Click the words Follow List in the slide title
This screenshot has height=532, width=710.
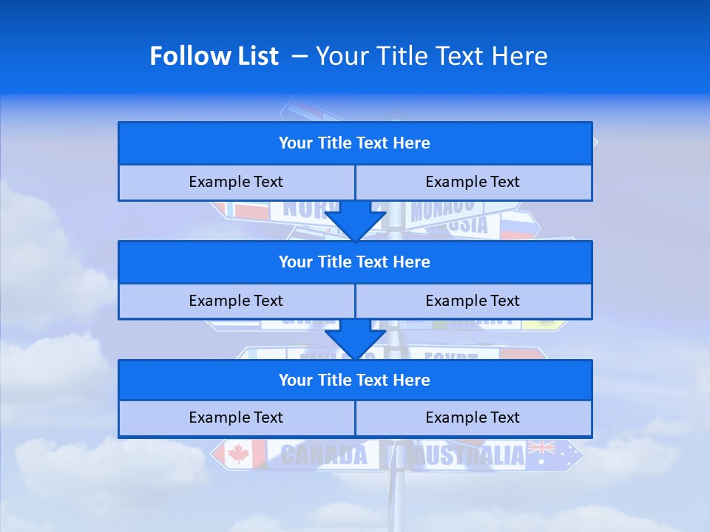point(214,56)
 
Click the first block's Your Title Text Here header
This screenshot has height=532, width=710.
point(354,143)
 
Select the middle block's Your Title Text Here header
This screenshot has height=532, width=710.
point(354,262)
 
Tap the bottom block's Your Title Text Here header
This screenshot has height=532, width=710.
point(354,380)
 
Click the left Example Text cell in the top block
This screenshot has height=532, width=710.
point(236,182)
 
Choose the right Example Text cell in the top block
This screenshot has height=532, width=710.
point(473,182)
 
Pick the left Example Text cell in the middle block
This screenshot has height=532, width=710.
point(236,301)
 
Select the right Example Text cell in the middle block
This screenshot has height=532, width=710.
point(473,301)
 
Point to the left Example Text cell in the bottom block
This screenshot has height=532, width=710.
point(236,417)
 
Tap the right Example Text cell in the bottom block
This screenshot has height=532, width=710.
point(473,417)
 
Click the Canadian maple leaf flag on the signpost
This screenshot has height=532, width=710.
point(239,454)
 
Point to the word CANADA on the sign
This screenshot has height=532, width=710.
point(323,454)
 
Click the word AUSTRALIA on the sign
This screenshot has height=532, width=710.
point(469,454)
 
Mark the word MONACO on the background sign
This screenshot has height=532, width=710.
point(442,209)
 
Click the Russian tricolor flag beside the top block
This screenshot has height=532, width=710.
point(517,224)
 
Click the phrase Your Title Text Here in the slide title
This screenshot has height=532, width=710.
point(432,56)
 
